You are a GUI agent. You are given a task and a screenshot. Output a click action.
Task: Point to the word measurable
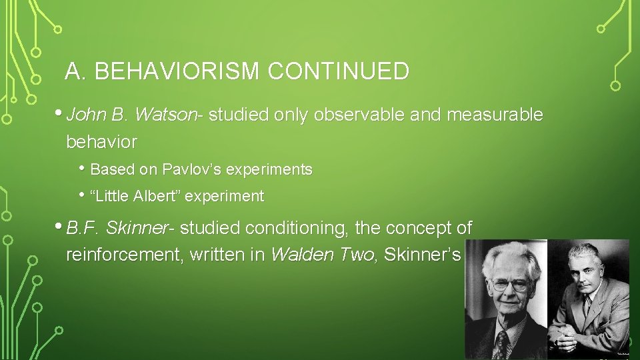coord(495,115)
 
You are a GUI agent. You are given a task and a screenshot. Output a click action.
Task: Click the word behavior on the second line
coord(102,142)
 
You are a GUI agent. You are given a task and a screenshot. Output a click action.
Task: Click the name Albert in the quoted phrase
coord(155,197)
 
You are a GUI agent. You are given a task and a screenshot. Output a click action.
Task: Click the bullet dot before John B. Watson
coord(61,113)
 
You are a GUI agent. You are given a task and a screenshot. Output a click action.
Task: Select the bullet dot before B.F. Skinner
coord(61,226)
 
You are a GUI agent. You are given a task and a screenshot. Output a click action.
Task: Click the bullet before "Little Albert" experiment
coord(83,195)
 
